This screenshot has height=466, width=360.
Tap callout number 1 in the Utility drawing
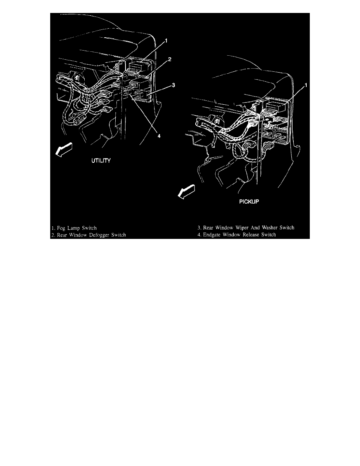pos(167,41)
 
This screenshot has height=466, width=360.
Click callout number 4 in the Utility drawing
pos(159,136)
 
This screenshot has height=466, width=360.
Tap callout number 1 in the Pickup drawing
pos(306,85)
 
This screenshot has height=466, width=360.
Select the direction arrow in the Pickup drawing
pos(186,193)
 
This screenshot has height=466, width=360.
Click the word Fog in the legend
pos(62,228)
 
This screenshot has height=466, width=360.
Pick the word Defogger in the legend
pos(98,235)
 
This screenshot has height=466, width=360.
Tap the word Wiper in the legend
pos(237,228)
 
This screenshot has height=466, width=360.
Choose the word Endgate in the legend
pos(213,235)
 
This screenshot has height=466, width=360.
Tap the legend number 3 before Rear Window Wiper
pos(199,228)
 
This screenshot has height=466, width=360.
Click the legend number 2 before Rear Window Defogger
pos(53,235)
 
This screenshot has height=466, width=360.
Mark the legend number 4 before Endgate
pos(199,235)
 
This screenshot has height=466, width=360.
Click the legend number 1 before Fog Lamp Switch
pos(53,228)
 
